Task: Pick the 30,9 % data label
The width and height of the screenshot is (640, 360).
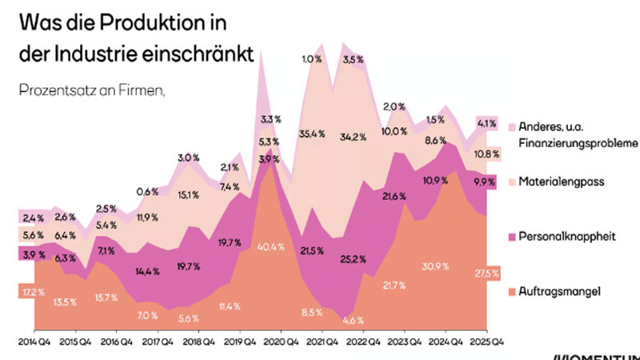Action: tap(427, 265)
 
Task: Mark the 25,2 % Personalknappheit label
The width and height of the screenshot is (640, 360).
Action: tap(354, 258)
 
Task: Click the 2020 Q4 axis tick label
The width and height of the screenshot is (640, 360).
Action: tap(279, 340)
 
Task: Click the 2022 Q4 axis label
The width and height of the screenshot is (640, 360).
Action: tap(362, 340)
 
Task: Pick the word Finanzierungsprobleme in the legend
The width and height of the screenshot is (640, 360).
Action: tap(579, 142)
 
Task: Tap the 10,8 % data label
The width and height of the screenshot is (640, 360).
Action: tap(487, 154)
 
